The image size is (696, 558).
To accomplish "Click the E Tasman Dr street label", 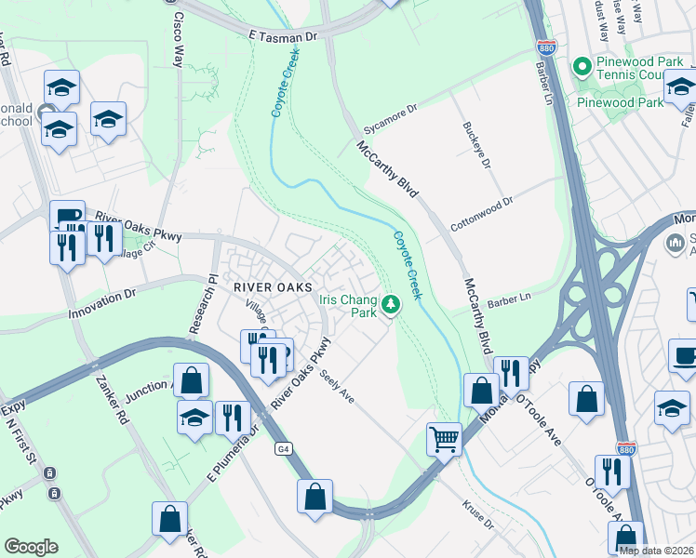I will pos(283,33).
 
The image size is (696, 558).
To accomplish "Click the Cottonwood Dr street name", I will pos(481,205).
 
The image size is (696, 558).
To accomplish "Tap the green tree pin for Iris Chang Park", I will pos(392,302).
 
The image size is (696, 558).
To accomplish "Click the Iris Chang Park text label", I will pos(348,306).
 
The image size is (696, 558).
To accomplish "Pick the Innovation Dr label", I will pos(102,302).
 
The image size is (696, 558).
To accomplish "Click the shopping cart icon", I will pos(445,437).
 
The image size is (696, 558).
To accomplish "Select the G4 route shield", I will pos(283,449).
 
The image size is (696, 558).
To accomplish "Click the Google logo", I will pos(31,547).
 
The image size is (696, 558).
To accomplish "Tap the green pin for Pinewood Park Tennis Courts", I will pos(582,67).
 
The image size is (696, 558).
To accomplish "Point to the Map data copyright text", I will pos(656,551).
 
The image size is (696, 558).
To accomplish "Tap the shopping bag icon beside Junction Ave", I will pos(191,379).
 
